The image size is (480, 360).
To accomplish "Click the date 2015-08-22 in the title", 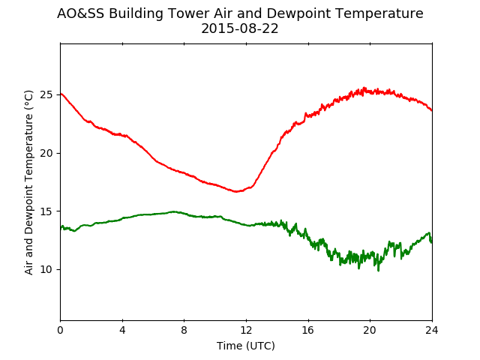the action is (x=240, y=28).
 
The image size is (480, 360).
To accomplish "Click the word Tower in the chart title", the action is (x=188, y=13).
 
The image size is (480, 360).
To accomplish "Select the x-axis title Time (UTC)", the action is (x=246, y=346).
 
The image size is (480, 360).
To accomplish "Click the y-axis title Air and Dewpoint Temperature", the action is (x=28, y=182).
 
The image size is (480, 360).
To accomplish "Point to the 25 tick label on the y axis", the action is (x=46, y=95).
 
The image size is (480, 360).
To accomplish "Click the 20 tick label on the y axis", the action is (x=46, y=153).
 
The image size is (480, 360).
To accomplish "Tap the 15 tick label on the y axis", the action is (x=46, y=211).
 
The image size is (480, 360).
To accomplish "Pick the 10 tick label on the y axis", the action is (x=46, y=269).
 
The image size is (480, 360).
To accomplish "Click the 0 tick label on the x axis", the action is (x=60, y=330).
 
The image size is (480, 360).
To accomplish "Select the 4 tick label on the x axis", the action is (x=122, y=330).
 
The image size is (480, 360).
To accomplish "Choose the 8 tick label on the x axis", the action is (x=184, y=330).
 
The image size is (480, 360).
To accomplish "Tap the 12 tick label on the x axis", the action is (x=246, y=330).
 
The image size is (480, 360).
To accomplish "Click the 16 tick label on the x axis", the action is (x=308, y=330).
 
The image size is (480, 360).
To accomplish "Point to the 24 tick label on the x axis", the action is (x=432, y=330).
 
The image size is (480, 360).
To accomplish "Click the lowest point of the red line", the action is (x=236, y=192).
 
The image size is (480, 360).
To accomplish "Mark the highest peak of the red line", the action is (x=364, y=88).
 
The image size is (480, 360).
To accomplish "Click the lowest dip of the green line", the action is (x=378, y=270).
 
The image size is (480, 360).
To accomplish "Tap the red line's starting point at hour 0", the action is (x=61, y=94).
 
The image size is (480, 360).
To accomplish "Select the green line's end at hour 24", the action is (x=432, y=242).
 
